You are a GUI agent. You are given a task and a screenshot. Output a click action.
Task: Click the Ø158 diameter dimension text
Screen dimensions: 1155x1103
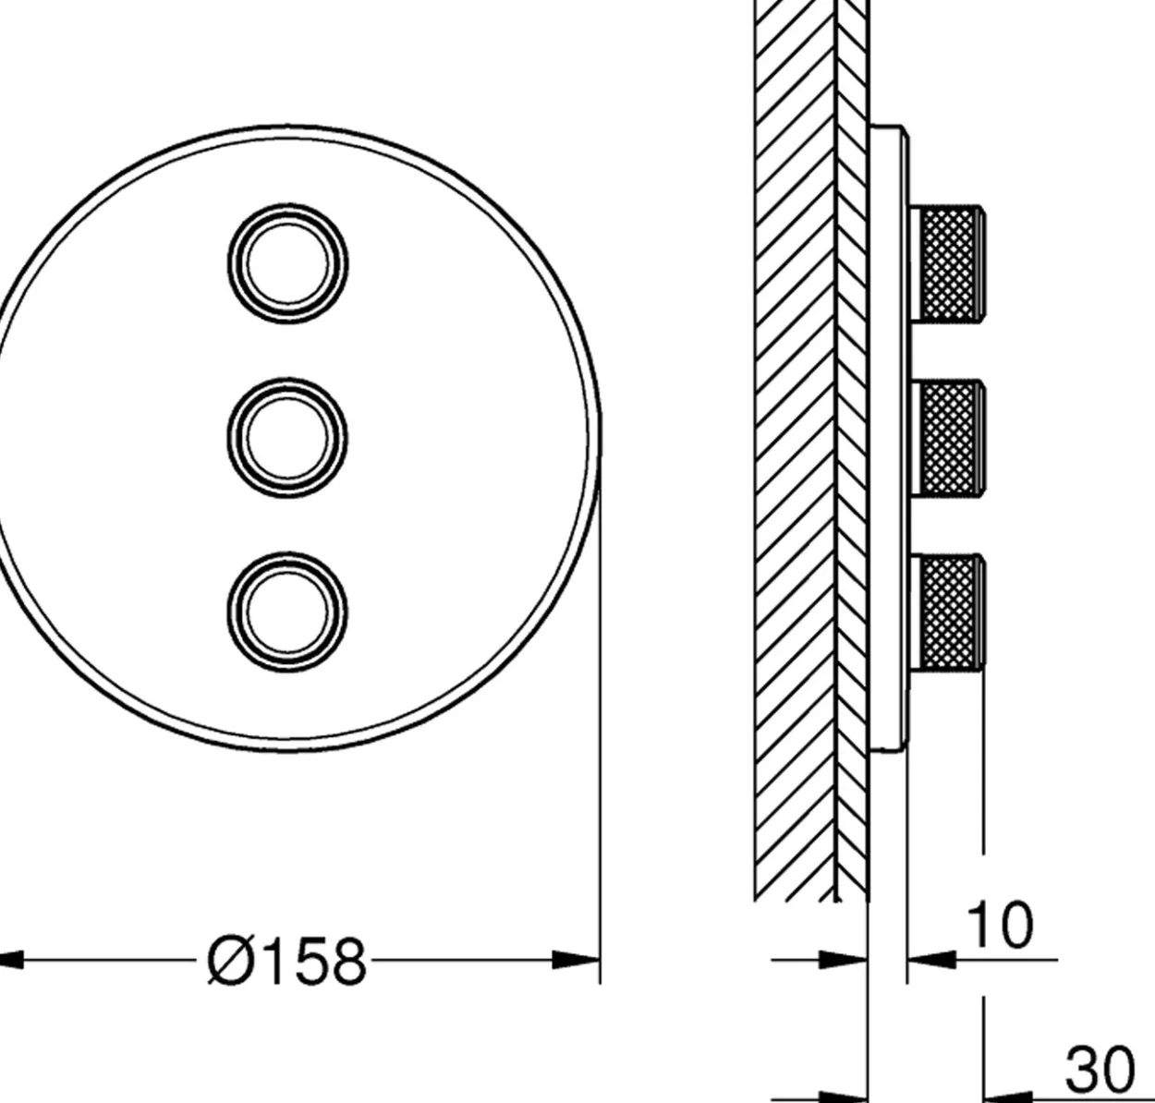pyautogui.click(x=286, y=962)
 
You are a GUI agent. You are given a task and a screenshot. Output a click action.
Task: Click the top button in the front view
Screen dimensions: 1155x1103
pyautogui.click(x=288, y=264)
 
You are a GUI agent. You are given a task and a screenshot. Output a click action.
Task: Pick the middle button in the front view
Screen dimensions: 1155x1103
pyautogui.click(x=287, y=438)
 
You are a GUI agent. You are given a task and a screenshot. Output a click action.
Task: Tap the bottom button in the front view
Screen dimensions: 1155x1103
pyautogui.click(x=287, y=612)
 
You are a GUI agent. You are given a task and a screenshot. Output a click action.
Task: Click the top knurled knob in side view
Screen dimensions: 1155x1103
pyautogui.click(x=947, y=264)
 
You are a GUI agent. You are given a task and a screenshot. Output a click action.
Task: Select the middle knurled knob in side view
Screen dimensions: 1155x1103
pyautogui.click(x=947, y=439)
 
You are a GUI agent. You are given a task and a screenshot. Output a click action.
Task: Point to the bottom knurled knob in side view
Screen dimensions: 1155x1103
pyautogui.click(x=947, y=612)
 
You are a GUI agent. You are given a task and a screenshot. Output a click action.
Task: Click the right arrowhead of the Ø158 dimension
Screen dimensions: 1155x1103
pyautogui.click(x=576, y=960)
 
